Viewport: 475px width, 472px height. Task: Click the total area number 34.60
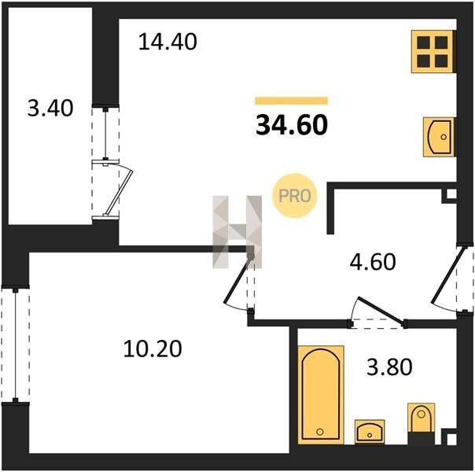(x=292, y=125)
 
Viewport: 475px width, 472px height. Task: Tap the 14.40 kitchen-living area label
(x=168, y=42)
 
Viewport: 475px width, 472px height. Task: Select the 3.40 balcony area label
(x=50, y=108)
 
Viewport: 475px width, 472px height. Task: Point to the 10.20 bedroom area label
(x=153, y=348)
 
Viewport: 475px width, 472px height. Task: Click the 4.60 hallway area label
(x=373, y=262)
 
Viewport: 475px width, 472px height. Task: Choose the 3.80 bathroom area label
(x=389, y=367)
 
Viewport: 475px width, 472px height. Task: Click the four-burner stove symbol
(x=433, y=51)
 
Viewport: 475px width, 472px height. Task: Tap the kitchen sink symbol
(x=439, y=137)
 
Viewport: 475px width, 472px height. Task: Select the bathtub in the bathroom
(x=321, y=395)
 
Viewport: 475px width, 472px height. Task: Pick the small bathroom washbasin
(x=370, y=432)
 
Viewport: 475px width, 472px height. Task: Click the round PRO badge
(x=294, y=196)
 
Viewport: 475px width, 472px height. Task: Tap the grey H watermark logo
(x=237, y=232)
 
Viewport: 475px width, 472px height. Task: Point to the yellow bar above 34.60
(x=292, y=101)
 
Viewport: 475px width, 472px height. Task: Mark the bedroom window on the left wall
(x=15, y=345)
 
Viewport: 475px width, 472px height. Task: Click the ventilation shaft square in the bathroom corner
(x=451, y=439)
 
